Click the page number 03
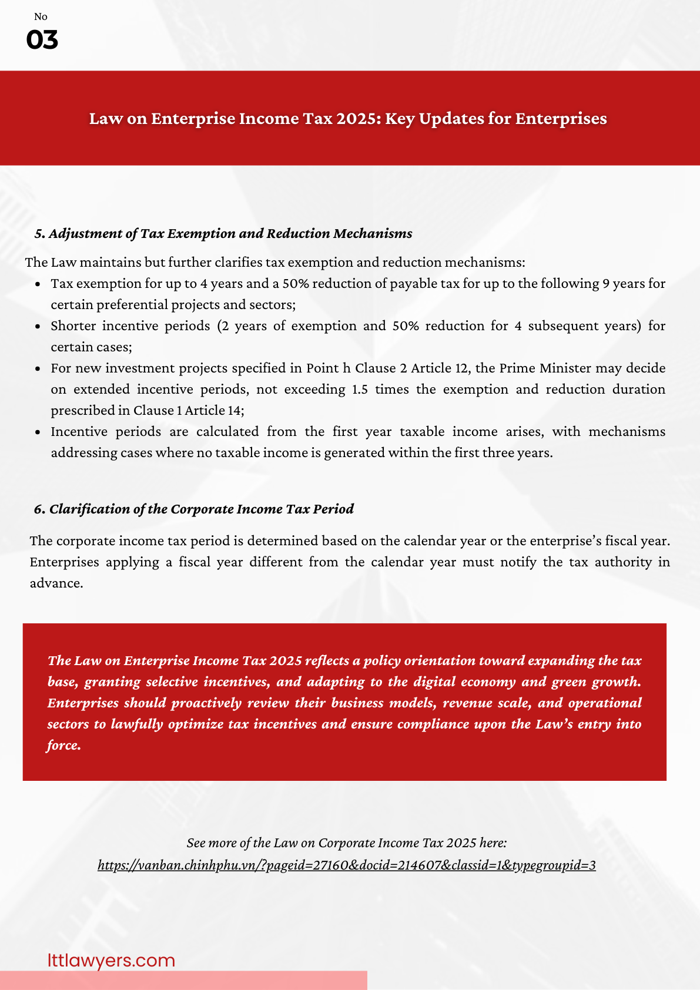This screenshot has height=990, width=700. coord(42,40)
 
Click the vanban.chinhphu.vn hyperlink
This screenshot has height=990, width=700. coord(346,865)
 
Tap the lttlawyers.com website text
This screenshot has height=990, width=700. coord(111,960)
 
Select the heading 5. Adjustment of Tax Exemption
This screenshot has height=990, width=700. coord(223,233)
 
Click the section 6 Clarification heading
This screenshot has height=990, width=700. coord(194,509)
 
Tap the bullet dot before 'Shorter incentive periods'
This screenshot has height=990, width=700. coord(38,326)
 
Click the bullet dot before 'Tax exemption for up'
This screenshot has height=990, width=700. coord(38,284)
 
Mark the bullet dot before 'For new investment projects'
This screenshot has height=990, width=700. coord(38,368)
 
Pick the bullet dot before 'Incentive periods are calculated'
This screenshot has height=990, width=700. coord(38,432)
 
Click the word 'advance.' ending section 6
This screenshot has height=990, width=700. coord(56,583)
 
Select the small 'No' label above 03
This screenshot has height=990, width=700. coord(41,17)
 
